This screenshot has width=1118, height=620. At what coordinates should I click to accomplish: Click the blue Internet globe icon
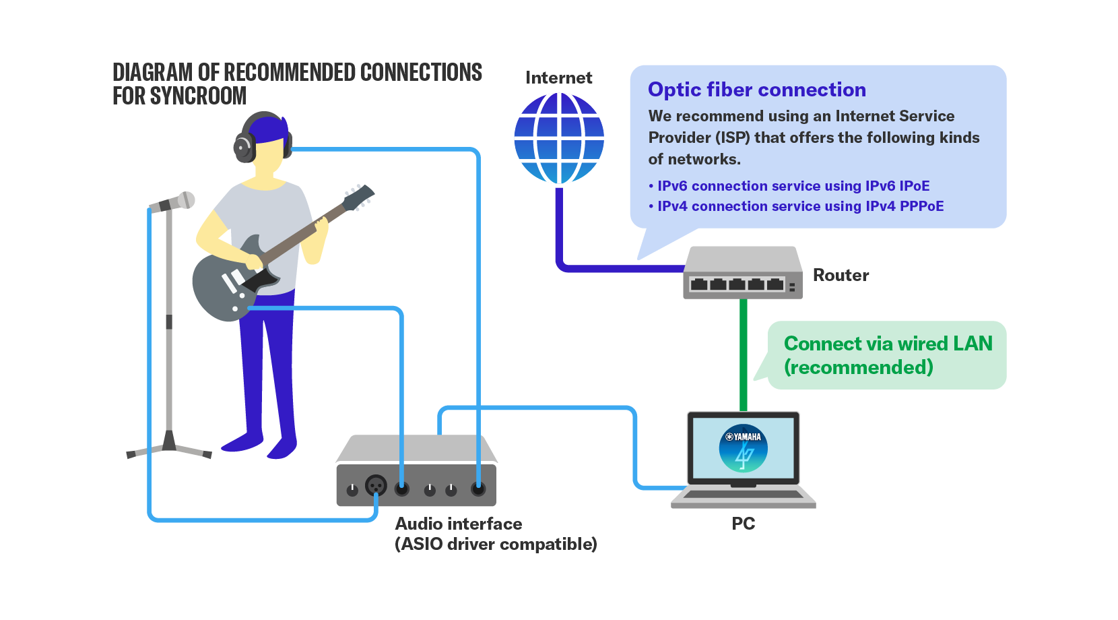point(559,138)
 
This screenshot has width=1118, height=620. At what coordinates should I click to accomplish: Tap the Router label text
point(841,275)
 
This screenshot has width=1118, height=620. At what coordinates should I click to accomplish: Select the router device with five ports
point(742,274)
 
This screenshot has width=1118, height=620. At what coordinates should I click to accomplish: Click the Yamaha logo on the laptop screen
point(743,448)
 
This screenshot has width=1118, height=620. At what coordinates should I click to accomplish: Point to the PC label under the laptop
point(744,524)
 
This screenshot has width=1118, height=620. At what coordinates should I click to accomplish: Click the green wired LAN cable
point(744,354)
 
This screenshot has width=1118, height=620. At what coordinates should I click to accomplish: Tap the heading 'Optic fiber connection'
point(756,90)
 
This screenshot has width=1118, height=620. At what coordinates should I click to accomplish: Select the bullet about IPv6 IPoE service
point(793,186)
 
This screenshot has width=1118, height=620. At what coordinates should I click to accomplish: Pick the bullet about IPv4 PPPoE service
point(800,206)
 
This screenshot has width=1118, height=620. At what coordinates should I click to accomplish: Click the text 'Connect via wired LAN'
point(888,344)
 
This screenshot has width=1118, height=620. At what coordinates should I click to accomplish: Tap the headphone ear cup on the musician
point(243,146)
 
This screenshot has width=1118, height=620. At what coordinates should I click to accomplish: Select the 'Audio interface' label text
point(459,524)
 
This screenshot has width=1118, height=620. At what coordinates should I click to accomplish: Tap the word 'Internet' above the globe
point(559,78)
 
